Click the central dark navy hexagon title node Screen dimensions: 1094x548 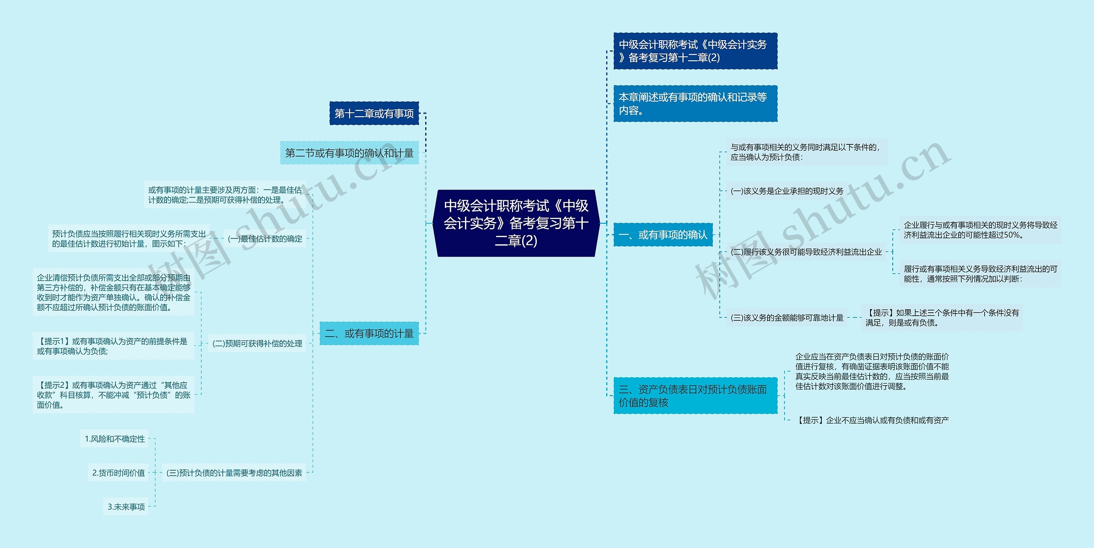[516, 223]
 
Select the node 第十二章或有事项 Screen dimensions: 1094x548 [374, 113]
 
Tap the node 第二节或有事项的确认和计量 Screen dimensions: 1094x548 [349, 153]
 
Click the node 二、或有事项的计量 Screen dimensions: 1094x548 [369, 333]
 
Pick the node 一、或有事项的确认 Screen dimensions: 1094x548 [663, 234]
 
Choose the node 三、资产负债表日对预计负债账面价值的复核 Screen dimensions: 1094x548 [695, 396]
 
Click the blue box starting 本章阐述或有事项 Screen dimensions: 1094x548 [695, 104]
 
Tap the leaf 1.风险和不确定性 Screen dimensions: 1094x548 [115, 439]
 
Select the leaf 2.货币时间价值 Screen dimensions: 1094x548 [118, 473]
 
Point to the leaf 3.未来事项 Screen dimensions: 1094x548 [126, 507]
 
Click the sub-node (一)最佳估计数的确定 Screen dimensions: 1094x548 [265, 239]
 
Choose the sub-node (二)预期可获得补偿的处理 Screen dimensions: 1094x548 [257, 343]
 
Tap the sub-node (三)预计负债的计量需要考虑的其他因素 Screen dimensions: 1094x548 [234, 473]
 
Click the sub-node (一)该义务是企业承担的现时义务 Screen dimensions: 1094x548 [787, 191]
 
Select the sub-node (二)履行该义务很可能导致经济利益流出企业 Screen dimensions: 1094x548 [806, 252]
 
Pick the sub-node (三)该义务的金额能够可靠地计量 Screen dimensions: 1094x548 [787, 318]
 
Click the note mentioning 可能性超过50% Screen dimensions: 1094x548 [980, 230]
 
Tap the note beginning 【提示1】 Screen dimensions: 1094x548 [113, 346]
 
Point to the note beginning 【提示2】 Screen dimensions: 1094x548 [113, 395]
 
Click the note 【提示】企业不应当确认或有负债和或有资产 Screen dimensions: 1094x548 [872, 420]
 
